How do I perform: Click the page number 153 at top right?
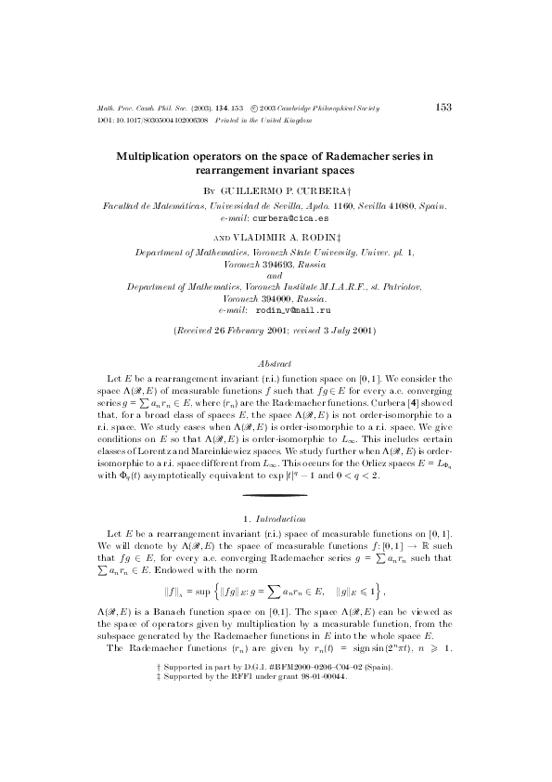click(443, 108)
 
